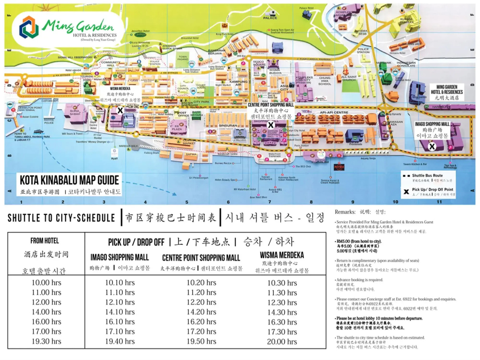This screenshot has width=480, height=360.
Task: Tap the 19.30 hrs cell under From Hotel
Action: point(46,341)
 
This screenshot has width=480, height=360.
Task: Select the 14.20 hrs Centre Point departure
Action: point(201,312)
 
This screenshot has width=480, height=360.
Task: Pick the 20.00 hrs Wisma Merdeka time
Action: point(282,342)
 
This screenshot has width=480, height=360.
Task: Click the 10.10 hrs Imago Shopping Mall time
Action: point(120,283)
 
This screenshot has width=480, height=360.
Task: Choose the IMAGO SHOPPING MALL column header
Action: point(120,257)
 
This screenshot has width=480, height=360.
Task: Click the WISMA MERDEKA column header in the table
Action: point(282,255)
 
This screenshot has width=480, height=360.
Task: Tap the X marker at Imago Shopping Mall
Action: point(432,146)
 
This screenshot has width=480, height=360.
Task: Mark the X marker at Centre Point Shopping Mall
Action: point(271,125)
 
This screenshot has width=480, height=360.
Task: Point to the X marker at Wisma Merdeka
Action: point(120,110)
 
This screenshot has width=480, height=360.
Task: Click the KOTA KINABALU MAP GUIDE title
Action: point(69,180)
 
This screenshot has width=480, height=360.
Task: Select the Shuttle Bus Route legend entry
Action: point(427,175)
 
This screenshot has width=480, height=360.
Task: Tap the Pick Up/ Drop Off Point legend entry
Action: point(432,190)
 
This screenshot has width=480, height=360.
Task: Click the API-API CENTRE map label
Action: point(334,113)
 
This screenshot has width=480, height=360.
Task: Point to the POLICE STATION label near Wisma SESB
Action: point(363,51)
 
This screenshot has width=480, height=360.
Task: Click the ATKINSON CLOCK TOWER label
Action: point(172,47)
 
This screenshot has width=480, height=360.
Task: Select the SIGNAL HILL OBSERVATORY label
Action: point(75,57)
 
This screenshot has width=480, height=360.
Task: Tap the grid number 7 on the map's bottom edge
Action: point(269,202)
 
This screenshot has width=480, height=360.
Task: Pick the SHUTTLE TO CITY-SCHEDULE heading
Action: point(61,218)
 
